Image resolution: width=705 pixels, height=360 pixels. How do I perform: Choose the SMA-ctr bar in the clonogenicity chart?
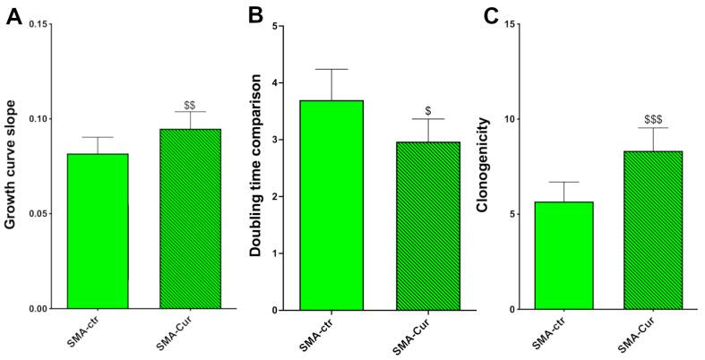click(x=563, y=255)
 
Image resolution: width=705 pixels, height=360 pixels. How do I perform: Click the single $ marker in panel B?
click(x=428, y=111)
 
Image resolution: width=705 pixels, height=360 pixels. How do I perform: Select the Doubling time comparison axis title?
click(x=255, y=167)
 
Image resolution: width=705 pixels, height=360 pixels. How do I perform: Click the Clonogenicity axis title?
click(x=485, y=167)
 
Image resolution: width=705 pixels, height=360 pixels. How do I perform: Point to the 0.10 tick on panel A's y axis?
click(x=37, y=119)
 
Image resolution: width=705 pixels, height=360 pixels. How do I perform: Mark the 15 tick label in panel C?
click(x=511, y=24)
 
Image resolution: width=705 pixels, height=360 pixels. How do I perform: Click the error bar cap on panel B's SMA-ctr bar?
click(x=331, y=69)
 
